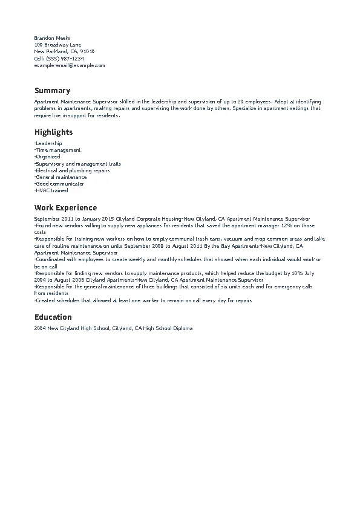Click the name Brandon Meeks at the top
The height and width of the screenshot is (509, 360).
click(x=52, y=38)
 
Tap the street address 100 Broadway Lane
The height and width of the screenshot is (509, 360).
click(x=57, y=45)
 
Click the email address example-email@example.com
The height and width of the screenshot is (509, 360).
click(x=70, y=65)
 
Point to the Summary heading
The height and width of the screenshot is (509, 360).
click(x=52, y=91)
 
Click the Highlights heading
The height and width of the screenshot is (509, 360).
click(x=53, y=132)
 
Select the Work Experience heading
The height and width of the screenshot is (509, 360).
click(x=65, y=208)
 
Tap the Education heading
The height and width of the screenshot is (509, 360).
click(x=53, y=317)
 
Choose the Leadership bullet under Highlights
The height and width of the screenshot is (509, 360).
click(x=49, y=143)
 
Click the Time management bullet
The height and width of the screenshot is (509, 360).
click(x=58, y=150)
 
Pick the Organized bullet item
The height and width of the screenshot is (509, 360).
click(x=48, y=157)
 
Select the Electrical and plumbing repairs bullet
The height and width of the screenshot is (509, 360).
click(x=73, y=170)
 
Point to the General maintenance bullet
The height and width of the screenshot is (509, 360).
click(x=61, y=177)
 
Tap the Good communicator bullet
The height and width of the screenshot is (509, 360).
click(x=60, y=184)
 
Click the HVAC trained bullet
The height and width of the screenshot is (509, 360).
click(x=52, y=190)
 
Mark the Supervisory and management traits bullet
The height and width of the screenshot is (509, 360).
click(x=78, y=164)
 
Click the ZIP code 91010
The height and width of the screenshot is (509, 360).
click(x=87, y=51)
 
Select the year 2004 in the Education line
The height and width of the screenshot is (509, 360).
click(x=40, y=328)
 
